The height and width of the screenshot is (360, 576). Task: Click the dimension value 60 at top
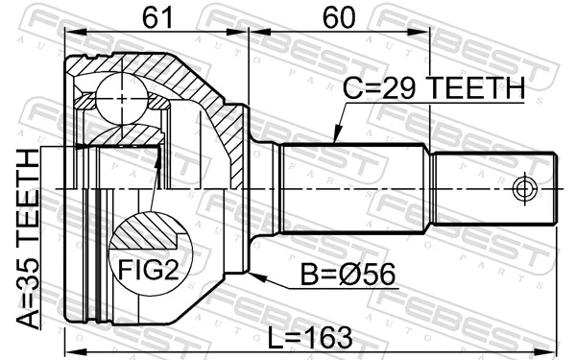click(x=338, y=16)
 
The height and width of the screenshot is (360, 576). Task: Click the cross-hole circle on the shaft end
click(x=524, y=189)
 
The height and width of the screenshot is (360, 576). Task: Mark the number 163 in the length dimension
click(x=328, y=337)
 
